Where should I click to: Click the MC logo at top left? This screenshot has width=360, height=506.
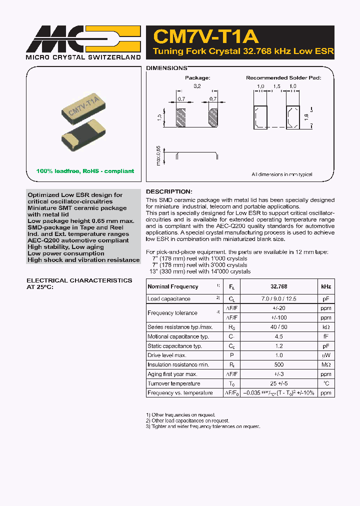tap(83, 39)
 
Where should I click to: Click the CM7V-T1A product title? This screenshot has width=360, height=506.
tap(205, 36)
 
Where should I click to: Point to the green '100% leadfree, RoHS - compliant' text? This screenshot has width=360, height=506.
tap(85, 171)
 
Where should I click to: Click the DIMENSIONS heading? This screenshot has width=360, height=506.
tap(166, 67)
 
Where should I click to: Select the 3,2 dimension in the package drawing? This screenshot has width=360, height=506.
tap(197, 86)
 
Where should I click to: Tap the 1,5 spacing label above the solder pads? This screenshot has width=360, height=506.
tap(276, 86)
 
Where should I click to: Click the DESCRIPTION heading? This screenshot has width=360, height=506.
tap(168, 191)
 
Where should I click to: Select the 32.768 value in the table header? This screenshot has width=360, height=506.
tap(278, 286)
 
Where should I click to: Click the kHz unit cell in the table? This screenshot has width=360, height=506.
tap(325, 286)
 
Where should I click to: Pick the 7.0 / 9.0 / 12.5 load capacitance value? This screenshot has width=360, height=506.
tap(278, 299)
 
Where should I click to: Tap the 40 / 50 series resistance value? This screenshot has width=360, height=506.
tap(278, 327)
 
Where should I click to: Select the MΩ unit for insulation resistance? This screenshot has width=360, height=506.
tap(325, 365)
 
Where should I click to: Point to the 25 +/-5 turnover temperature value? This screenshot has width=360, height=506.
tap(278, 383)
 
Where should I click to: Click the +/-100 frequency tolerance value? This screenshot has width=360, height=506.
tap(278, 317)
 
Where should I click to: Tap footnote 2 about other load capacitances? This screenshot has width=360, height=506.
tap(187, 420)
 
